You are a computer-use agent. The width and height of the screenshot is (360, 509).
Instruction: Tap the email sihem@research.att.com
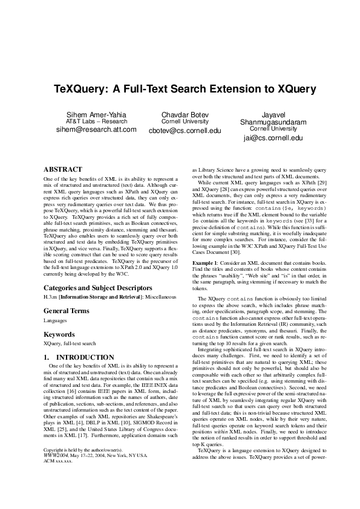(96, 129)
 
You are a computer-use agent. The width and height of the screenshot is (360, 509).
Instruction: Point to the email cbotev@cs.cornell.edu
(185, 131)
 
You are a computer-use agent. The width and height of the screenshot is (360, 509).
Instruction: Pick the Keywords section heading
(60, 334)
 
